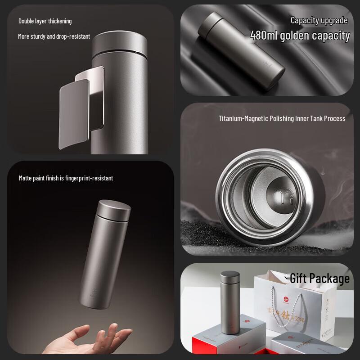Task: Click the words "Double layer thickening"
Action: click(45, 21)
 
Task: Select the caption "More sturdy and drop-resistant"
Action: click(54, 36)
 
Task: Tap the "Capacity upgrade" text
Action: click(319, 20)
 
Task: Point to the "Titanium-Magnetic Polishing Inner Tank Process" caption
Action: click(282, 118)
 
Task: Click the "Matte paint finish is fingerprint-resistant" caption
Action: click(66, 178)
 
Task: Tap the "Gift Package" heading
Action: click(319, 279)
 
